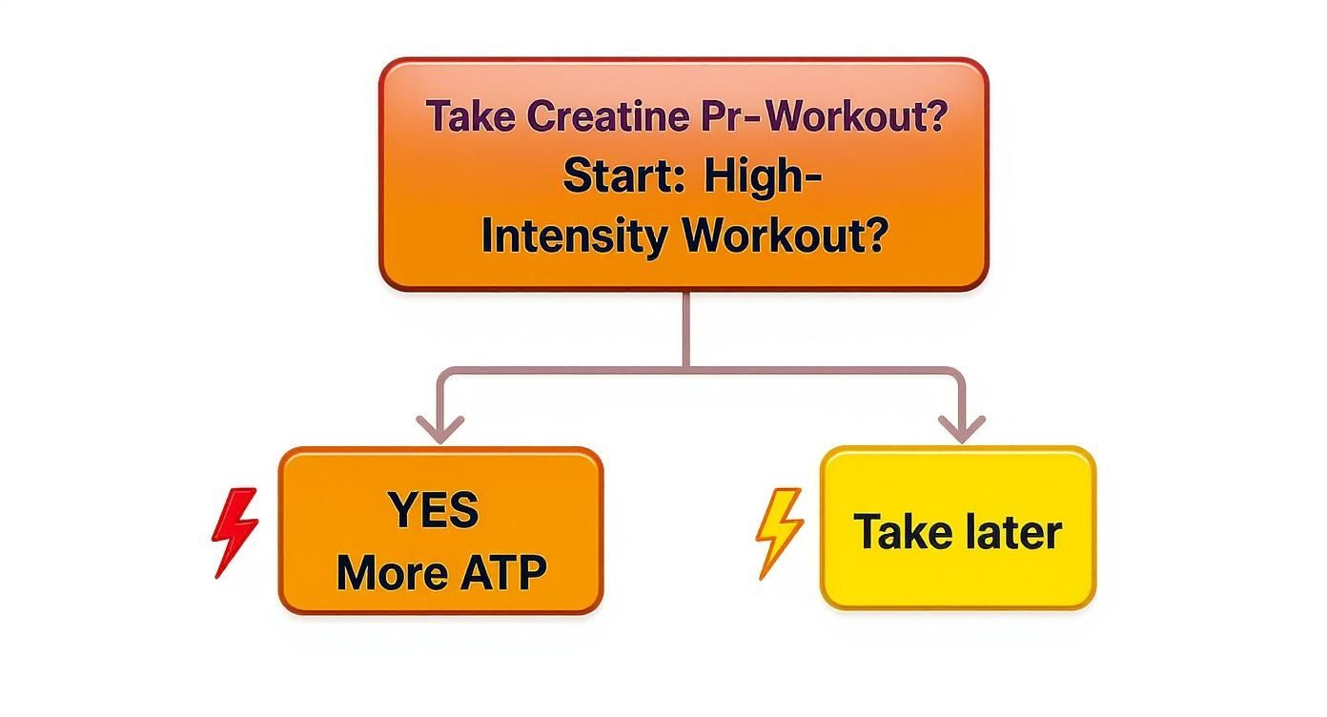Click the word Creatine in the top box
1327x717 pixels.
(x=605, y=116)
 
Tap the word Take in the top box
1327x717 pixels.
(x=471, y=116)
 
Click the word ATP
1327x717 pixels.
(x=499, y=572)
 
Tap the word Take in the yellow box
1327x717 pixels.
(x=898, y=530)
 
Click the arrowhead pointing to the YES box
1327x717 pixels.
(x=440, y=429)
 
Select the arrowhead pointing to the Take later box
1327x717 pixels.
(x=962, y=429)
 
